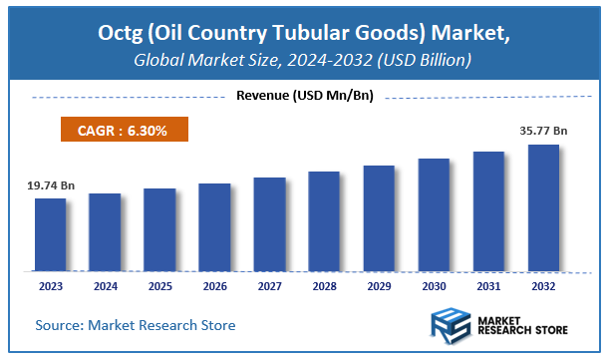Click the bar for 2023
coord(50,234)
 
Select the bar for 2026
coord(214,227)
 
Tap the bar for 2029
coord(379,217)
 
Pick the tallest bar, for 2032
coord(543,207)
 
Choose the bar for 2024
coord(105,231)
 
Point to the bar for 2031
coord(488,210)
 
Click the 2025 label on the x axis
coord(159,286)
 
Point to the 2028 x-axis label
coord(324,286)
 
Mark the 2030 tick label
coord(434,286)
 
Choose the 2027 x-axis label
coord(269,286)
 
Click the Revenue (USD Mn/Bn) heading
coord(303,96)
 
